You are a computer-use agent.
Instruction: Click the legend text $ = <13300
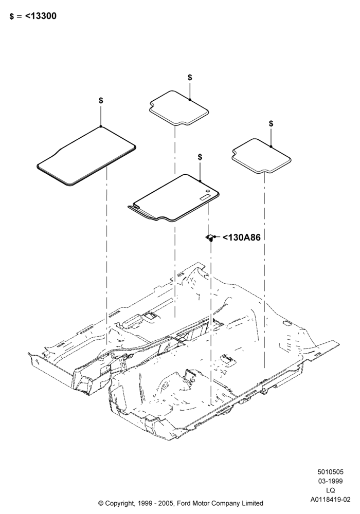(x=33, y=16)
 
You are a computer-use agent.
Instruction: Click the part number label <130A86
(x=242, y=237)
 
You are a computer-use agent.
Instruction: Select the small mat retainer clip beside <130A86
(x=210, y=237)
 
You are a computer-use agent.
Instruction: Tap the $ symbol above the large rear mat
(x=101, y=100)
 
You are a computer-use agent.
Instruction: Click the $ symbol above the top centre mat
(x=190, y=78)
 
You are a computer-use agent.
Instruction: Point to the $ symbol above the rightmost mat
(x=271, y=123)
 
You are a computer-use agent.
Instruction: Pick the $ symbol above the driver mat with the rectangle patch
(x=200, y=157)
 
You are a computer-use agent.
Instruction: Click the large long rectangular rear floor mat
(x=86, y=156)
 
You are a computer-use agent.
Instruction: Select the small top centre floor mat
(x=179, y=108)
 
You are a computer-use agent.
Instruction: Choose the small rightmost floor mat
(x=262, y=155)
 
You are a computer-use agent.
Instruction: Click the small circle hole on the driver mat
(x=208, y=191)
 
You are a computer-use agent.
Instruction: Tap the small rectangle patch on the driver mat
(x=205, y=197)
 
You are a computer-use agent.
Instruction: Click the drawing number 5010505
(x=331, y=472)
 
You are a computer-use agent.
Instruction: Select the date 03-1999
(x=331, y=481)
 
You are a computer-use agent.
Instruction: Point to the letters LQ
(x=331, y=490)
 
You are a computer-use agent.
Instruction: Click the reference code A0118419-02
(x=331, y=500)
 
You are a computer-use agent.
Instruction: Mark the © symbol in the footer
(x=101, y=503)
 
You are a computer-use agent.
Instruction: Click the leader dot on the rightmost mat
(x=271, y=146)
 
